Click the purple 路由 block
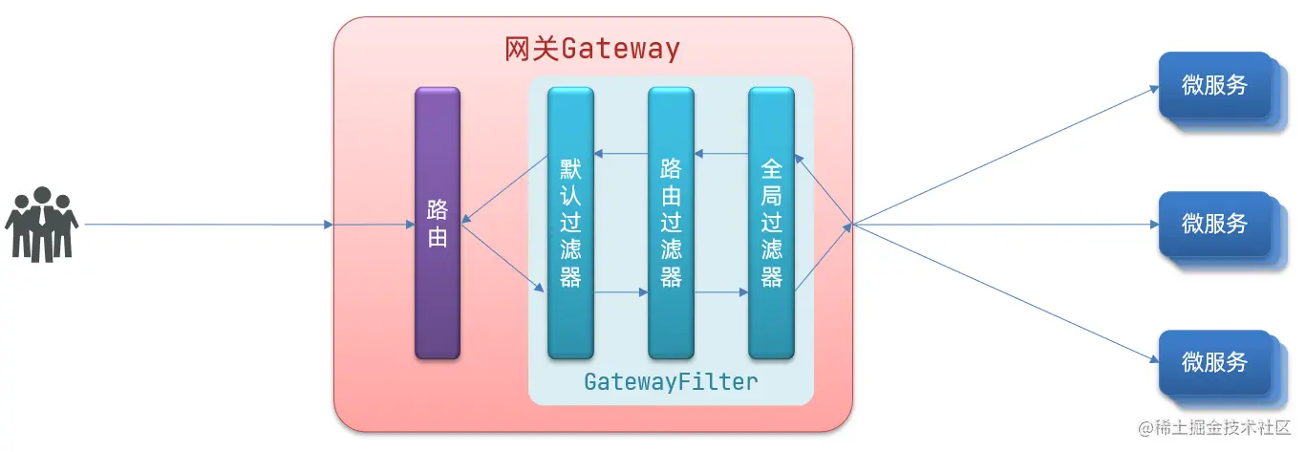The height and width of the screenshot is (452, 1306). [x=438, y=224]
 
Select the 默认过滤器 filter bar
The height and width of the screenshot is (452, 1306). [x=570, y=224]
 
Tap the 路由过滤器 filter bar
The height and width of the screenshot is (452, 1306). [x=671, y=224]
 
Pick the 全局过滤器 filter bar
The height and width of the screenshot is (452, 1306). [x=771, y=224]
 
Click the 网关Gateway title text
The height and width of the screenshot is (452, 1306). [x=592, y=49]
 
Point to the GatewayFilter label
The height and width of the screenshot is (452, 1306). [x=671, y=382]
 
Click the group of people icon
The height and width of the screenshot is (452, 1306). [x=41, y=225]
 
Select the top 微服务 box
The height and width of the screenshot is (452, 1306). [x=1215, y=86]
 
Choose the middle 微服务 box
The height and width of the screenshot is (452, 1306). [x=1215, y=225]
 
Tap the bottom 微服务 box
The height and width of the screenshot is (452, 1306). [x=1215, y=363]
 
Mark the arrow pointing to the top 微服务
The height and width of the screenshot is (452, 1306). [x=1003, y=157]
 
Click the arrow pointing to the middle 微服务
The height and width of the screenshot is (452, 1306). [x=1003, y=226]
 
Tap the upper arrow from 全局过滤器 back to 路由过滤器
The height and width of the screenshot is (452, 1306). [x=721, y=154]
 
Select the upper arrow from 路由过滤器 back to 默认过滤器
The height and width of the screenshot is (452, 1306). [x=621, y=154]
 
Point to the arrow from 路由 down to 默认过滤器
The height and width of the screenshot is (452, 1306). [x=503, y=258]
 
